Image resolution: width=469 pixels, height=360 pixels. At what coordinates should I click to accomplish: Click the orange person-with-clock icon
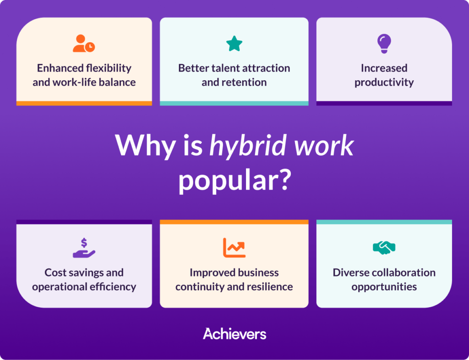(84, 44)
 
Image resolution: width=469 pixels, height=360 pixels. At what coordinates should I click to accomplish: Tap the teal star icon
(234, 44)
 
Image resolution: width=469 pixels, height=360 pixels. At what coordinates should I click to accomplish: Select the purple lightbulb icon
(384, 44)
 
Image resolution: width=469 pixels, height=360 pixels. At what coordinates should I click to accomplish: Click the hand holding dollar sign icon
(84, 248)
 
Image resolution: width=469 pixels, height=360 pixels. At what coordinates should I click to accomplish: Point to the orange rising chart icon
(234, 248)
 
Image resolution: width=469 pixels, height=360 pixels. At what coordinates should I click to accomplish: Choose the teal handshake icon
(384, 248)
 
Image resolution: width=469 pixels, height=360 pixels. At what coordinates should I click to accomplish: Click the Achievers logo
(234, 334)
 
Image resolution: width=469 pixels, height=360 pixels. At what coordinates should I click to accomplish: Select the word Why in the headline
(145, 145)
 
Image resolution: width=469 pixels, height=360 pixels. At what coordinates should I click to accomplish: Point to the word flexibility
(109, 68)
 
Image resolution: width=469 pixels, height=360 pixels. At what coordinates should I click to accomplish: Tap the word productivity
(384, 82)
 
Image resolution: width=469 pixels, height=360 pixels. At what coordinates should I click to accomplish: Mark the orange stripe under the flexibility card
(84, 103)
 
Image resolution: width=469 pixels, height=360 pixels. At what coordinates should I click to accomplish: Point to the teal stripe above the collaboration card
(384, 222)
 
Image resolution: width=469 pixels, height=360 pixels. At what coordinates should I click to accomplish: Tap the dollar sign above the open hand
(84, 243)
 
